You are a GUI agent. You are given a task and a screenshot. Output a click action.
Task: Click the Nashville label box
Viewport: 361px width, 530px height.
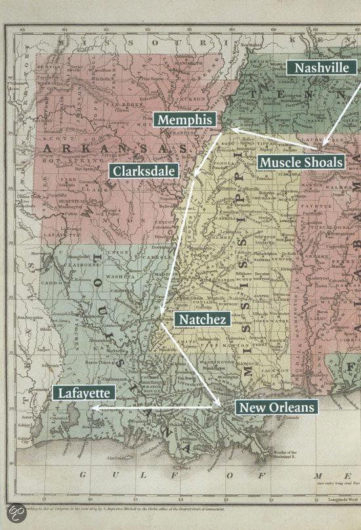click(322, 68)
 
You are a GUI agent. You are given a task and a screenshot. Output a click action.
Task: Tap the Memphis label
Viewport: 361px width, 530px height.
click(186, 119)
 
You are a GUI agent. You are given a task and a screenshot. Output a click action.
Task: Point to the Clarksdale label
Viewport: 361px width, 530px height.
click(143, 171)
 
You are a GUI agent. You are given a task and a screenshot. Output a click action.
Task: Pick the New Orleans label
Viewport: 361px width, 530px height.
click(276, 407)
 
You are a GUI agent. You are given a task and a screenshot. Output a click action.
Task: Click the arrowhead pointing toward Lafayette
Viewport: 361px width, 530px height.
click(94, 408)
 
